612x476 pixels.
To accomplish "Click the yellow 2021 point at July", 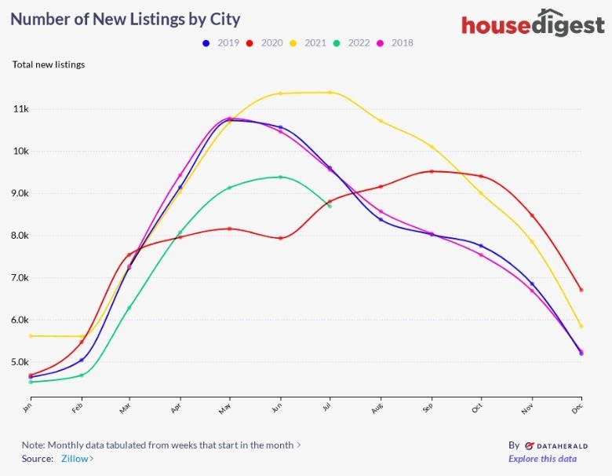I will (330, 93).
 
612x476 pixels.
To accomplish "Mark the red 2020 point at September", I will (432, 171).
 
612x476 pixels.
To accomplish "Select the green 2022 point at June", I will (280, 177).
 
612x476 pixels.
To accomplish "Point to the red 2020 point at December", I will (581, 290).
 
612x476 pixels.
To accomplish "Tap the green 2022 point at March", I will (129, 308).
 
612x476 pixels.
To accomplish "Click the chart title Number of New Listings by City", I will (126, 19).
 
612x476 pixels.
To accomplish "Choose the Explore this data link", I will (542, 459).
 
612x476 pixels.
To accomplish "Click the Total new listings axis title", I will (49, 64).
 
